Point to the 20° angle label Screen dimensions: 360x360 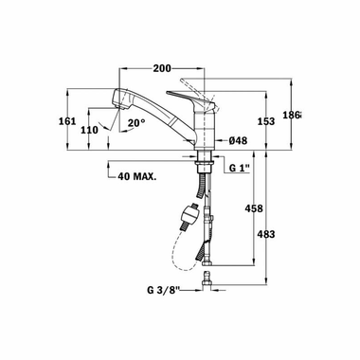(x=137, y=121)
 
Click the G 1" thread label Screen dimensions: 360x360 (x=241, y=167)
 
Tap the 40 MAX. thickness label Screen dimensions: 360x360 (x=136, y=175)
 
